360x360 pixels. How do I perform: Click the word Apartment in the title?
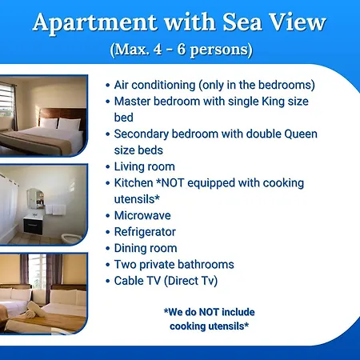pos(94,23)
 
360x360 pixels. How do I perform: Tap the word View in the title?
pos(297,22)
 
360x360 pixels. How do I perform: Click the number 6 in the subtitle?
pos(182,49)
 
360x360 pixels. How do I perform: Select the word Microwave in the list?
pos(142,215)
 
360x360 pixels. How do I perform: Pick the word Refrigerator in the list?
pos(145,232)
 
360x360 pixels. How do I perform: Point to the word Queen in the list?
pos(301,134)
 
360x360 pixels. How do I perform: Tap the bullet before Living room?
pos(108,167)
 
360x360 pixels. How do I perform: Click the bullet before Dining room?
pos(108,249)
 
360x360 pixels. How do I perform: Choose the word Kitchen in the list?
pos(134,183)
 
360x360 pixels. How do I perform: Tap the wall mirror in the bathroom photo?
pos(35,198)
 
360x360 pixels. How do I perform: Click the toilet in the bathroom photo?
pos(71,238)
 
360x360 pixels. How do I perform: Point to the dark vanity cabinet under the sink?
pos(33,226)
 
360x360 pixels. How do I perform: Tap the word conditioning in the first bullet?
pos(163,86)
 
